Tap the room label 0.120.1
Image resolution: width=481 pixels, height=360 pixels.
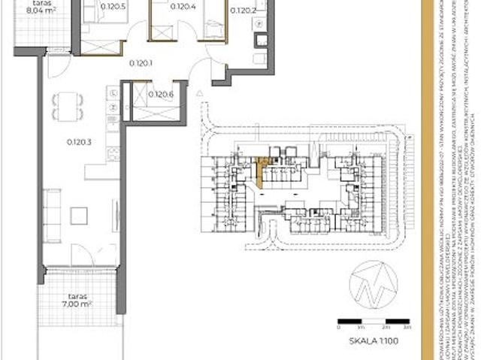click(x=141, y=63)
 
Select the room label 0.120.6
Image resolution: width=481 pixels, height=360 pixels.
click(x=161, y=95)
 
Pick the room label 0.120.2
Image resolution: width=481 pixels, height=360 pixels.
click(x=243, y=11)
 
